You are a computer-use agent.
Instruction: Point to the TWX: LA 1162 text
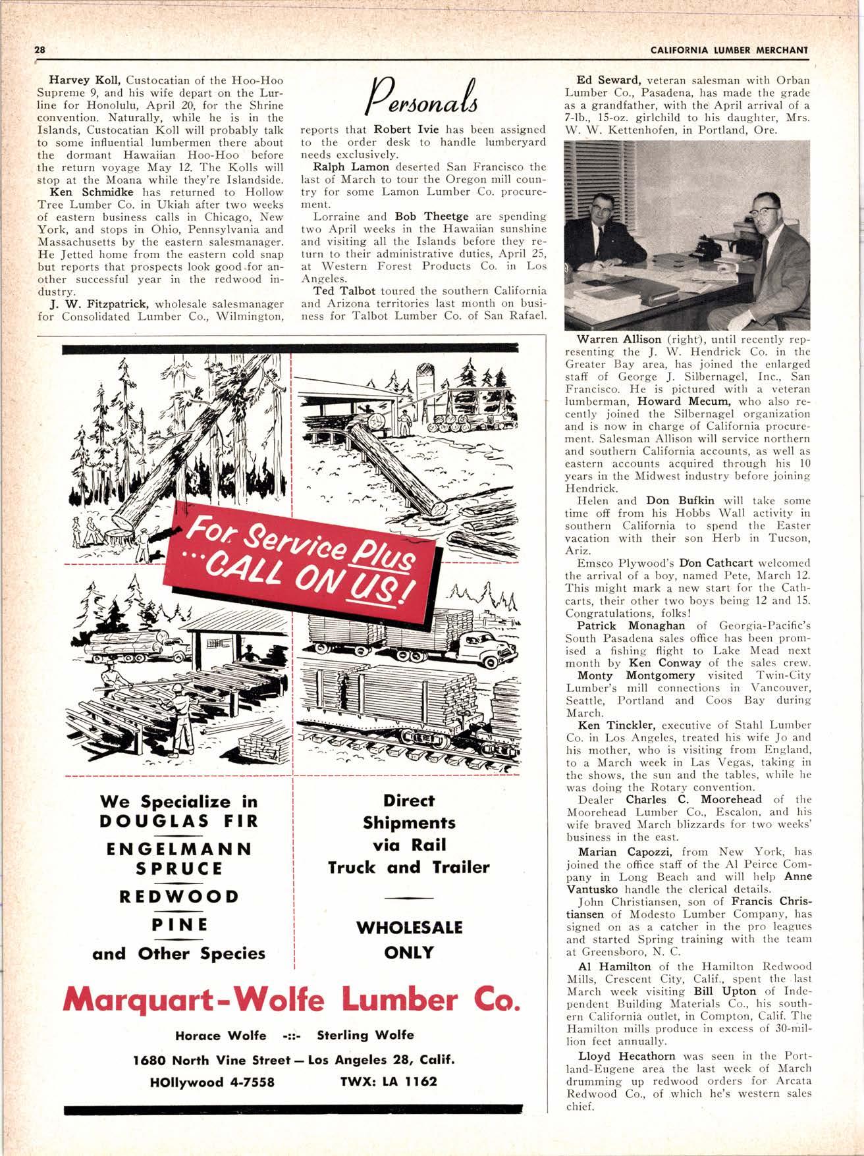click(389, 1081)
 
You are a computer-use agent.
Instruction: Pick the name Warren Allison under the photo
click(618, 339)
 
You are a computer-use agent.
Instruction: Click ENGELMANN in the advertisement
click(179, 848)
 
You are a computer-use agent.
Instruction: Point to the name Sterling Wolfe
click(365, 1035)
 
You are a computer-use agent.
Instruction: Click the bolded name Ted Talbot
click(335, 290)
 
